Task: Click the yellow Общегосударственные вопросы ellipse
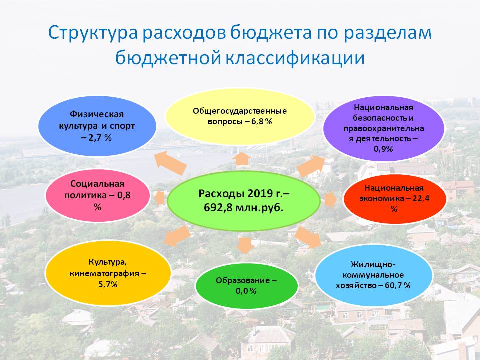pyautogui.click(x=240, y=116)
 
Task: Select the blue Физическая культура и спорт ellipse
pyautogui.click(x=97, y=126)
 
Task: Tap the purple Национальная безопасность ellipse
pyautogui.click(x=384, y=128)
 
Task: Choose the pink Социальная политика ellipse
pyautogui.click(x=97, y=195)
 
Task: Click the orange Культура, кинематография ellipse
pyautogui.click(x=108, y=273)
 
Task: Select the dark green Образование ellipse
pyautogui.click(x=246, y=286)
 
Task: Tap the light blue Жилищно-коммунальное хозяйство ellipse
pyautogui.click(x=374, y=275)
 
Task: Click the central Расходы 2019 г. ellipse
pyautogui.click(x=244, y=201)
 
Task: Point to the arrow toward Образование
pyautogui.click(x=245, y=245)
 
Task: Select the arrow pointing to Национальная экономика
pyautogui.click(x=330, y=199)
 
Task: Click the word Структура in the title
pyautogui.click(x=93, y=33)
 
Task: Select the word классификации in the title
pyautogui.click(x=295, y=58)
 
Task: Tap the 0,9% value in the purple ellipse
pyautogui.click(x=383, y=149)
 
